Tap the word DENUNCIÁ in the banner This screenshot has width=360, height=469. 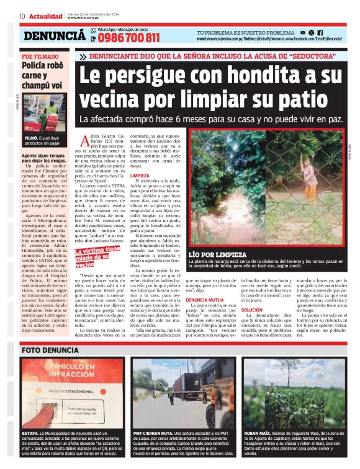coord(55,37)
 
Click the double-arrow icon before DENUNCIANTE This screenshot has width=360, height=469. coord(83,56)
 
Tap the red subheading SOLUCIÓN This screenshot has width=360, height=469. coord(252,310)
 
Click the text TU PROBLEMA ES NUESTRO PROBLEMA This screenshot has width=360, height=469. coord(245,32)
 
